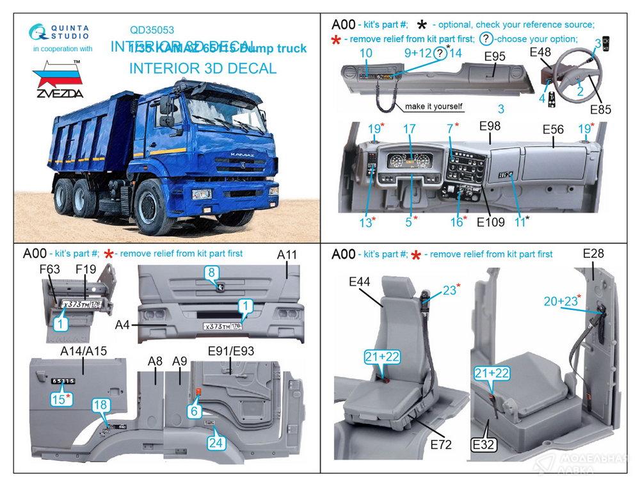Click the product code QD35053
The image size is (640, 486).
(x=152, y=29)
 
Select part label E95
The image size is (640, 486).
(x=495, y=57)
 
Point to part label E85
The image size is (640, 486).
(x=601, y=109)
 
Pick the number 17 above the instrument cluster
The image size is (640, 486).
(x=410, y=129)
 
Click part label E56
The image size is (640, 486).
(x=553, y=129)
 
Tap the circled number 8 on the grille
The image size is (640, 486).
(x=212, y=273)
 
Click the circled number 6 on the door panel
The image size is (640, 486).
(x=195, y=412)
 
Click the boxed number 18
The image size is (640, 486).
(x=100, y=405)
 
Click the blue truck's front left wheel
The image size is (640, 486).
(x=147, y=206)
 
